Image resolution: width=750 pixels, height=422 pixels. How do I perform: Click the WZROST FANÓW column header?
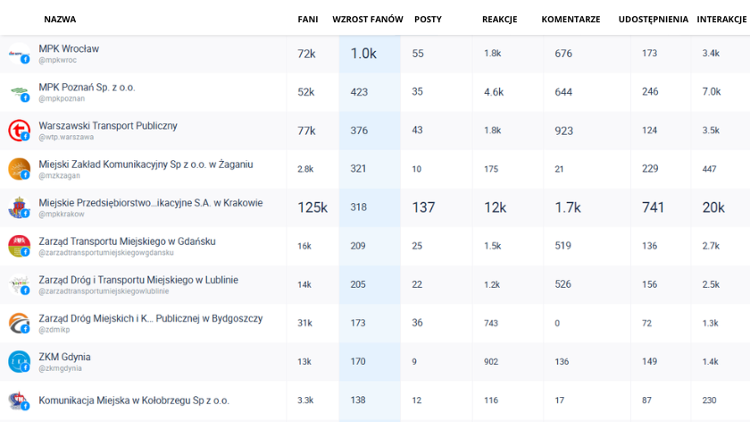(x=368, y=19)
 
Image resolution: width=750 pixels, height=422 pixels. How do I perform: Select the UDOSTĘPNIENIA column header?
(x=653, y=19)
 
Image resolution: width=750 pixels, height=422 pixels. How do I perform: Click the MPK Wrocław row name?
(x=69, y=48)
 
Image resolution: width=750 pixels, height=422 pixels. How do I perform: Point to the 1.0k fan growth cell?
(x=363, y=54)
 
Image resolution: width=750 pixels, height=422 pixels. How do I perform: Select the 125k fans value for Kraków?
(x=312, y=207)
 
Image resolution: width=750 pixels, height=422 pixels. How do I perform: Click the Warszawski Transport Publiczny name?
(x=108, y=126)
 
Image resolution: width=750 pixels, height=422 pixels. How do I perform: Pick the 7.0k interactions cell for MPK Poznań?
(x=712, y=92)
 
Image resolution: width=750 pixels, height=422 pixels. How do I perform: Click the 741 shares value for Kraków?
(x=653, y=207)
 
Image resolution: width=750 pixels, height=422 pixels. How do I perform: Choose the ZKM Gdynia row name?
(x=64, y=357)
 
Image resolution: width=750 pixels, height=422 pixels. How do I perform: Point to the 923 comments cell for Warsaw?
(x=563, y=131)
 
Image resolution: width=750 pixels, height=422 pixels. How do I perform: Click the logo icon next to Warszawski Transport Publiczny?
(x=19, y=131)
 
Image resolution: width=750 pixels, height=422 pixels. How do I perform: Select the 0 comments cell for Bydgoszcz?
(x=557, y=323)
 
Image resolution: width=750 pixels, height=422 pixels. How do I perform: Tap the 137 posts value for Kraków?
(x=423, y=207)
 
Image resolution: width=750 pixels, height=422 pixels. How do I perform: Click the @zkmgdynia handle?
(x=60, y=368)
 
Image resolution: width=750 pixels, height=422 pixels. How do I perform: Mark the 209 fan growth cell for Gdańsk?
(x=359, y=246)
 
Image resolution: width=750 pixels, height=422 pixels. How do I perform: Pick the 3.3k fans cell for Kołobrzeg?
(x=305, y=400)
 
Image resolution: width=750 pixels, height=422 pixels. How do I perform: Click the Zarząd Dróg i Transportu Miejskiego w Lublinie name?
(x=138, y=280)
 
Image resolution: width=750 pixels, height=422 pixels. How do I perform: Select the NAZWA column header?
(x=60, y=19)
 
